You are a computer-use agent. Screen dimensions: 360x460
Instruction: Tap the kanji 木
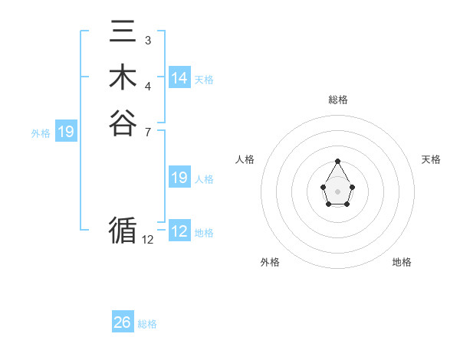(x=123, y=78)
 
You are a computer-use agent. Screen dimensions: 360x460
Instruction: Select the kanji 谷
(x=123, y=123)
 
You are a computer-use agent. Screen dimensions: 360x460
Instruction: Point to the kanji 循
(x=123, y=230)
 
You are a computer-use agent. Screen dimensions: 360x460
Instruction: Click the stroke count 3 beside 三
(x=147, y=40)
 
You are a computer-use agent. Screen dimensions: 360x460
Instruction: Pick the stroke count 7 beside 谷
(x=147, y=131)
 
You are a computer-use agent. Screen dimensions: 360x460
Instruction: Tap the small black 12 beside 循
(x=148, y=239)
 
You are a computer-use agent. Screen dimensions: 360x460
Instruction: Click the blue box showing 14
(x=179, y=78)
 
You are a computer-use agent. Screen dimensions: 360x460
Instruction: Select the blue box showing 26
(x=123, y=322)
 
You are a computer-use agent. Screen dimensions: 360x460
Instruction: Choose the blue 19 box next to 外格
(x=66, y=133)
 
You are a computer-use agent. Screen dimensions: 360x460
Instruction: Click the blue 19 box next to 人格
(x=179, y=178)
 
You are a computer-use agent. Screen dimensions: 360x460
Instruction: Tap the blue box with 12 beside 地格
(x=179, y=231)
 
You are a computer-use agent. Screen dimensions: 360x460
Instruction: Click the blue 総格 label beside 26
(x=147, y=324)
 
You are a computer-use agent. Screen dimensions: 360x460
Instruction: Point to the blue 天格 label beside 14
(x=204, y=80)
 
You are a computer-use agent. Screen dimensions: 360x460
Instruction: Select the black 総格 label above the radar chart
(x=338, y=100)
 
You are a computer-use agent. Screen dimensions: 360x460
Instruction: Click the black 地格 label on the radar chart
(x=402, y=262)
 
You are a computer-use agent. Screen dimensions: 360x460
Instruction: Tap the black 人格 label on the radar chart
(x=245, y=159)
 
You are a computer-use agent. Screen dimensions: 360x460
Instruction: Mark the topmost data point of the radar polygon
(x=337, y=162)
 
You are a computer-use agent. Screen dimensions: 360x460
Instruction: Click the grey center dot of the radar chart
(x=337, y=191)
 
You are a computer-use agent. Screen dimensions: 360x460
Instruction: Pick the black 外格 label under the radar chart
(x=270, y=262)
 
